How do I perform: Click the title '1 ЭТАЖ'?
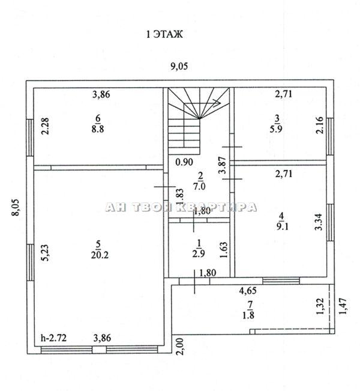point(164,34)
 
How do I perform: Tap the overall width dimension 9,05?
point(179,67)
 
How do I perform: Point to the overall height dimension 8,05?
point(16,207)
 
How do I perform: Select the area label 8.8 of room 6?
point(97,129)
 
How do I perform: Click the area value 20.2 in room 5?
point(100,255)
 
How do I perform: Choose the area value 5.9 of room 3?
point(276,129)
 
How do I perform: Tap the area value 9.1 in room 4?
point(282,226)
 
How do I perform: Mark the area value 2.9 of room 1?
point(199,253)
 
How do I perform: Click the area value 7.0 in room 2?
point(199,186)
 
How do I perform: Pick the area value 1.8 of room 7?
point(248,315)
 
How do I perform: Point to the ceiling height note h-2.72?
point(53,338)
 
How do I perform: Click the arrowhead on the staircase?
point(218,102)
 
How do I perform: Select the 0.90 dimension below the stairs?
point(184,162)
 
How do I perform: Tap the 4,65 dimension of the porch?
point(248,291)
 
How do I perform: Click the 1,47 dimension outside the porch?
point(343,306)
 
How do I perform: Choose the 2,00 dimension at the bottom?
point(181,347)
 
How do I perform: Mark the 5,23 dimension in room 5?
point(46,253)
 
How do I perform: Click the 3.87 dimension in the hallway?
point(222,165)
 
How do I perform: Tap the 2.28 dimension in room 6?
point(46,126)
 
